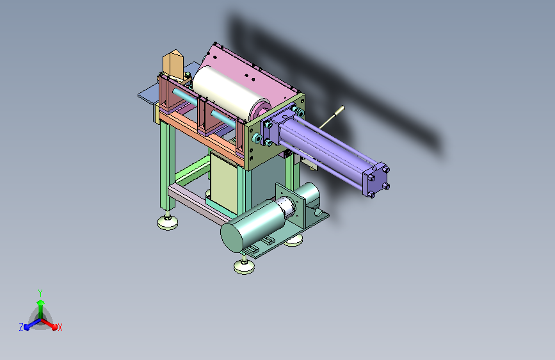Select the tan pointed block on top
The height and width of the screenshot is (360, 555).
173,66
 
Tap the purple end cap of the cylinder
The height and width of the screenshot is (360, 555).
376,180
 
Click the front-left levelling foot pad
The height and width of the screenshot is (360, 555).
168,222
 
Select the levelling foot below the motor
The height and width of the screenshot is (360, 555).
244,266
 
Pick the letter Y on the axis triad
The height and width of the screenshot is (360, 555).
40,293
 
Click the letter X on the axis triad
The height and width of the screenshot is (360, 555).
60,327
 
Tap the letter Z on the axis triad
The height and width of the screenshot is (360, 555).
21,327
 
